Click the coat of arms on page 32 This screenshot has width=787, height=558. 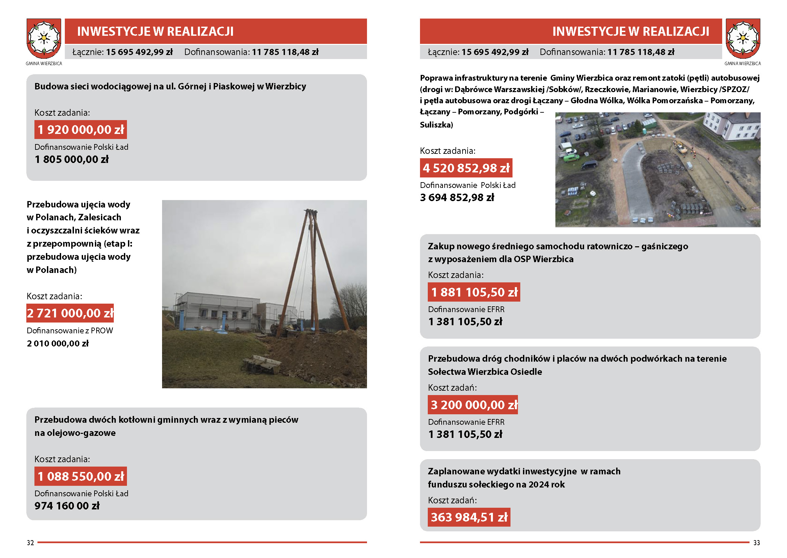[x=44, y=38]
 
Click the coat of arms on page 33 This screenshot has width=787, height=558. [x=743, y=38]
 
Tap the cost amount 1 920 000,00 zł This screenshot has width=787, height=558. [x=80, y=130]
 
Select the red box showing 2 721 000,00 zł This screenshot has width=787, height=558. [x=70, y=313]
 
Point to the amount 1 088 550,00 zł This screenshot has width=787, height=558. [x=80, y=476]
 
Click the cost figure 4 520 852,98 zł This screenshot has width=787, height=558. [x=466, y=168]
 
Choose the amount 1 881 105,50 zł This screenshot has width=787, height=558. [x=474, y=292]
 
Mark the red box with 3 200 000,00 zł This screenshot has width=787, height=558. [x=473, y=405]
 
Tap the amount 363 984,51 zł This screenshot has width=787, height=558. [x=469, y=517]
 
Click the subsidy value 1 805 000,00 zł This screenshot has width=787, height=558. [x=72, y=160]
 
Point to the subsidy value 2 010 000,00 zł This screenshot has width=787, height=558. [x=58, y=343]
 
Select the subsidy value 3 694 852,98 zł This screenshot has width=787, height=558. [x=457, y=198]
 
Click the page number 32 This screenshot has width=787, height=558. [x=30, y=543]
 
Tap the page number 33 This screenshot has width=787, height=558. [x=756, y=543]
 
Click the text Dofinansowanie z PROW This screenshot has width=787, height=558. [x=70, y=331]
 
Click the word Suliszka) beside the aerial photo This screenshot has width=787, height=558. [x=436, y=125]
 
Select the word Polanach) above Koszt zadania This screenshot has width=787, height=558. [x=56, y=270]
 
